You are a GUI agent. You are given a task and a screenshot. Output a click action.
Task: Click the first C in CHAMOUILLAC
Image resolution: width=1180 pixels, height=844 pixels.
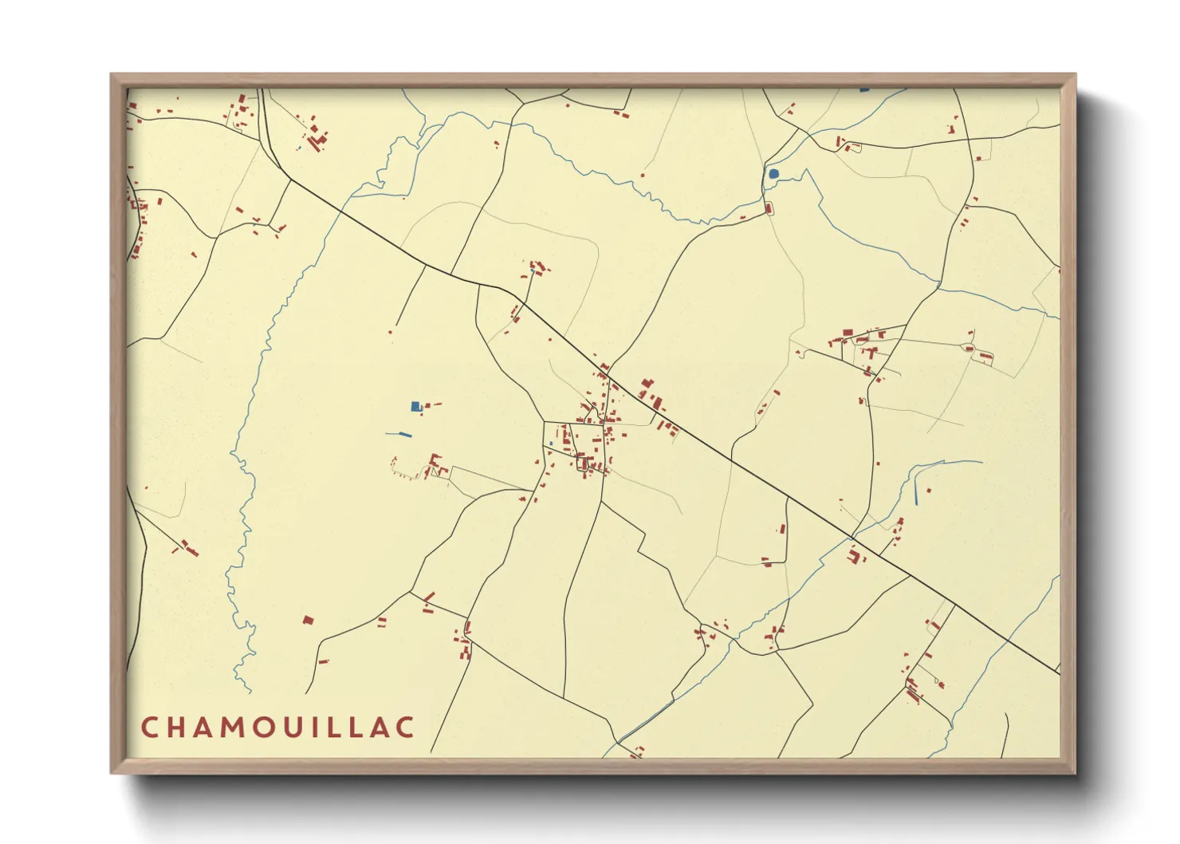point(150,728)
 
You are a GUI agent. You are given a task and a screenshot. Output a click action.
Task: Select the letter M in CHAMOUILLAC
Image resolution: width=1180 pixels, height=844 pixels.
point(238,728)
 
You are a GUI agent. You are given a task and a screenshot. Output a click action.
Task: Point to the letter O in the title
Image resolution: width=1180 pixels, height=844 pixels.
point(271,728)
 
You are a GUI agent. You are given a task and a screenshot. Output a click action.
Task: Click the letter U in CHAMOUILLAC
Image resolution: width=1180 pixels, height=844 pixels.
point(302,728)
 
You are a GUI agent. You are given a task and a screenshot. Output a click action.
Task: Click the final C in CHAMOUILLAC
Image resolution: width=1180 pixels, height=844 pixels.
point(407,728)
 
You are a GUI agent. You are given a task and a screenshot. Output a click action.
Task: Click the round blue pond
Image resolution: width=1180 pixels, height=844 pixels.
point(773,173)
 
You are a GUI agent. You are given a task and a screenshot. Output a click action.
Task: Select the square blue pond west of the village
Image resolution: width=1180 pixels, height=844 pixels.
point(415,406)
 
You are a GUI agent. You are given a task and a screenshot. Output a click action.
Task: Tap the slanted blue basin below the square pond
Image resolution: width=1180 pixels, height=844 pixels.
point(399,435)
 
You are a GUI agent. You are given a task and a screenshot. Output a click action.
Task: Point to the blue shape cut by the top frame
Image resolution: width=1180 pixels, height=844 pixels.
point(865,89)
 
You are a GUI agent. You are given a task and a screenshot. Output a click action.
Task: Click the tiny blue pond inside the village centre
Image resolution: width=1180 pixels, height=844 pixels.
point(551,444)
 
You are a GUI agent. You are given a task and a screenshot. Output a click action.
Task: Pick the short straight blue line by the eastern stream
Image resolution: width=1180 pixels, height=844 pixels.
point(917,495)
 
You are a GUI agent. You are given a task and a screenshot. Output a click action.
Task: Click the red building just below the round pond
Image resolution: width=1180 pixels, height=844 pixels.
point(769,209)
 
